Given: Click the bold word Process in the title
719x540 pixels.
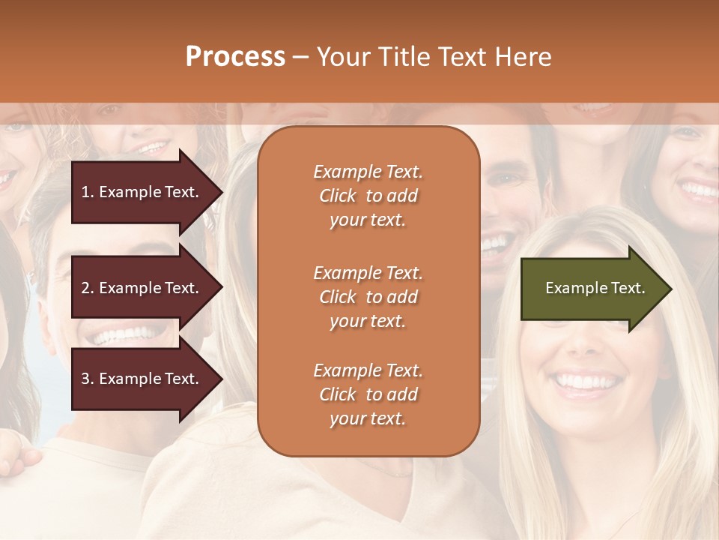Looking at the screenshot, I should [235, 57].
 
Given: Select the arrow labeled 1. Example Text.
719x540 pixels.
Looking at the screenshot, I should [142, 192].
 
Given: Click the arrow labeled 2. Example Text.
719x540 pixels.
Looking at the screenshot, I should [142, 288].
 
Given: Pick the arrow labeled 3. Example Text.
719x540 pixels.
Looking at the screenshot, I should [142, 379].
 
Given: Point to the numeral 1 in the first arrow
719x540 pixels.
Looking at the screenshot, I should [85, 192].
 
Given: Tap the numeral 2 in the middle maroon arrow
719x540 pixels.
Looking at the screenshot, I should [85, 288].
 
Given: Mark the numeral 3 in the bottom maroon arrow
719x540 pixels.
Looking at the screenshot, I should [85, 379].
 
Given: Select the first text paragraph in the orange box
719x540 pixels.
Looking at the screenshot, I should [368, 196].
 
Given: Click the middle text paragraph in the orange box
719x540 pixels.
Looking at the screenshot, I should [368, 297].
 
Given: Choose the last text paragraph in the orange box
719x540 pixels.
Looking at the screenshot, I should [368, 394].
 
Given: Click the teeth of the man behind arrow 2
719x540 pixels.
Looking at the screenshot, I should [124, 334].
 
